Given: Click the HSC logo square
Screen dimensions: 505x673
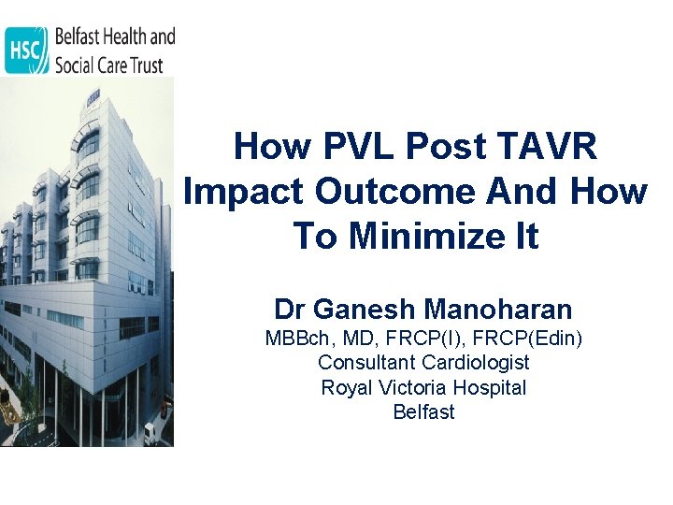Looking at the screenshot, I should coord(26,50).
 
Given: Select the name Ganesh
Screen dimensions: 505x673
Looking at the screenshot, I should coord(367,309).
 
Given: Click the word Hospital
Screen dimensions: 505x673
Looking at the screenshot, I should coord(491,387).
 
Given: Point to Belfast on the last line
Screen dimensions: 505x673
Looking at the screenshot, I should coord(423,412).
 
